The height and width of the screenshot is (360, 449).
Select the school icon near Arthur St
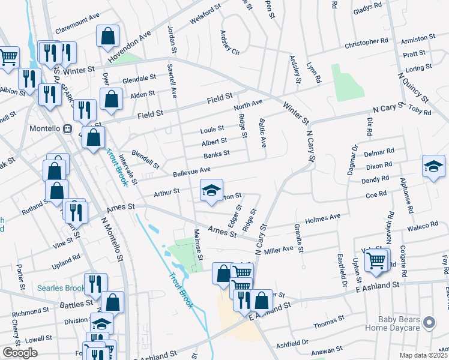(211, 191)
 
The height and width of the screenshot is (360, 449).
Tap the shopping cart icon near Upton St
(376, 260)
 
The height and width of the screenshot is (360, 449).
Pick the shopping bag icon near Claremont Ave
(107, 36)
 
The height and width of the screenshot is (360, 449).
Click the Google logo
(20, 352)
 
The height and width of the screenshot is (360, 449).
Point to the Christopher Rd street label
(366, 43)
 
